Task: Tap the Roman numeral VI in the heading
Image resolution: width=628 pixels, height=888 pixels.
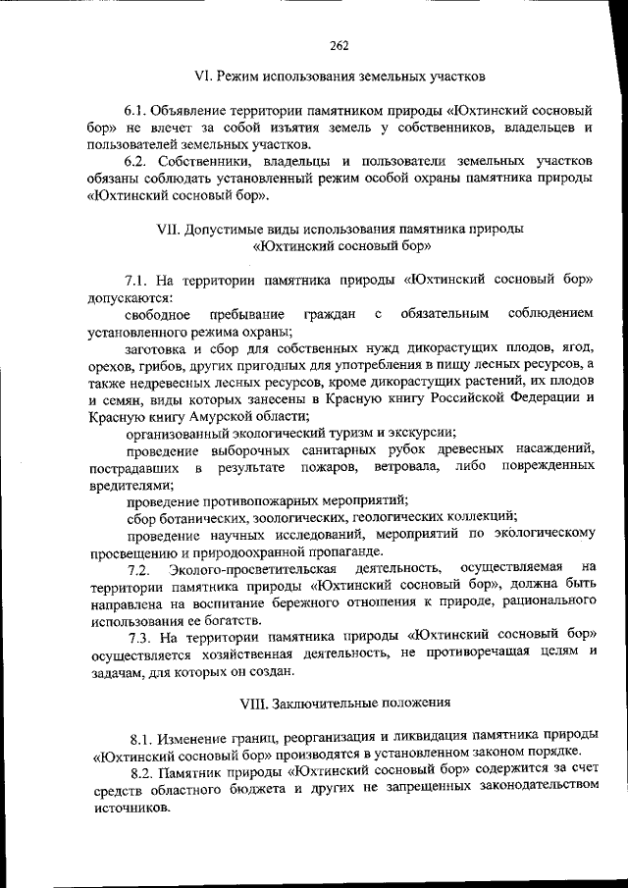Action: tap(205, 76)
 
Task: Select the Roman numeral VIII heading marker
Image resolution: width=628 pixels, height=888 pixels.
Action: tap(252, 703)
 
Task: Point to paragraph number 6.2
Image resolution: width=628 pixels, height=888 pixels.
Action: tap(136, 161)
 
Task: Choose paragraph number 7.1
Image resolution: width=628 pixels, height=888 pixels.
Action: tap(136, 280)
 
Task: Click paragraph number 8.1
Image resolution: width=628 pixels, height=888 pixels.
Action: tap(142, 737)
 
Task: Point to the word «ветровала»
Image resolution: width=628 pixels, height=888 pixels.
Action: tap(403, 466)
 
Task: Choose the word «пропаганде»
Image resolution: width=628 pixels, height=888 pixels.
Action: tap(376, 550)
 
